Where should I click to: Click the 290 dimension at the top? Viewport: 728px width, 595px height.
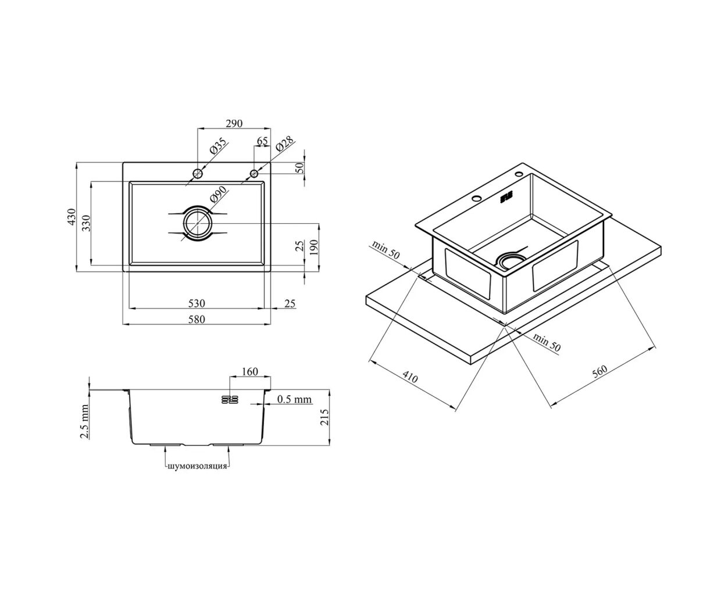pos(234,123)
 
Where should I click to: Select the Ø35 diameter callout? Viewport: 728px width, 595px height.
pos(219,146)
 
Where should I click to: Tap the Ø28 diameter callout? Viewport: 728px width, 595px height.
pos(285,143)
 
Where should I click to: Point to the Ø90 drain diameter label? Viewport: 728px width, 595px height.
pos(219,195)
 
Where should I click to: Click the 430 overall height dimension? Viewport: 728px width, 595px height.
pos(71,217)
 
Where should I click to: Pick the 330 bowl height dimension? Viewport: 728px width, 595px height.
pos(86,223)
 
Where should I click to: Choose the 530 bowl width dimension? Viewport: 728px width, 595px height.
pos(197,303)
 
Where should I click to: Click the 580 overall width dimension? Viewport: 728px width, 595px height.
pos(197,319)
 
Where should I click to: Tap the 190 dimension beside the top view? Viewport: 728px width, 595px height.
pos(313,248)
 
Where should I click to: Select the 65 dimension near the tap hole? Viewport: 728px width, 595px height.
pos(262,141)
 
